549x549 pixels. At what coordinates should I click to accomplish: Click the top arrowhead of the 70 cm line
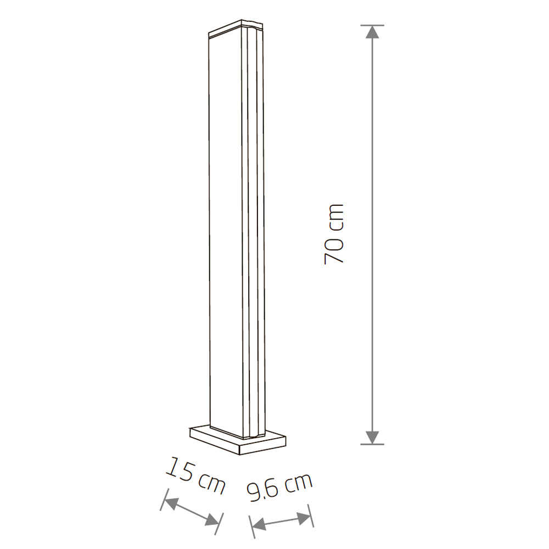372,33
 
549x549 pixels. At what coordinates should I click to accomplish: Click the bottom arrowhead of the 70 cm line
372,436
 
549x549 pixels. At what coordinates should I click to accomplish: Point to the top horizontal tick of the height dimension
372,25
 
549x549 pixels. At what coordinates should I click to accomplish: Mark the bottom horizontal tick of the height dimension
372,444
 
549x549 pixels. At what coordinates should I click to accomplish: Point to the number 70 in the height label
334,251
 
